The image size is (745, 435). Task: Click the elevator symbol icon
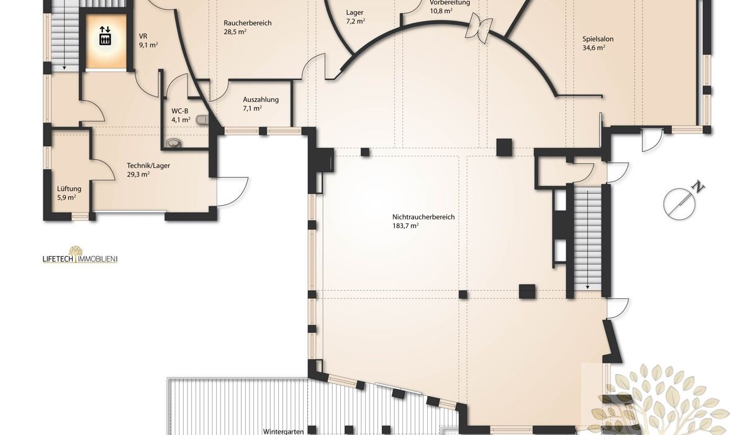pyautogui.click(x=106, y=35)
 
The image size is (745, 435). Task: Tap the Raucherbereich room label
pyautogui.click(x=248, y=23)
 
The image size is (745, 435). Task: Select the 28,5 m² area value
pyautogui.click(x=235, y=32)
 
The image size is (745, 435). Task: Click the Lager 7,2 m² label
pyautogui.click(x=356, y=17)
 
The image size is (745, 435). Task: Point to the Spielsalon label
pyautogui.click(x=598, y=39)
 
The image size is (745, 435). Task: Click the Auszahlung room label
pyautogui.click(x=260, y=99)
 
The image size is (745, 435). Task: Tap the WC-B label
pyautogui.click(x=180, y=111)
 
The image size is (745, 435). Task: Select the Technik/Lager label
pyautogui.click(x=148, y=165)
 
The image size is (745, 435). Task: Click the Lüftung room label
pyautogui.click(x=69, y=189)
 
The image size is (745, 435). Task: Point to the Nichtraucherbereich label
pyautogui.click(x=423, y=217)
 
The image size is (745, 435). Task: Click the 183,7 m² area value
pyautogui.click(x=405, y=226)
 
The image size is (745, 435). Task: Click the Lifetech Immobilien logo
pyautogui.click(x=80, y=255)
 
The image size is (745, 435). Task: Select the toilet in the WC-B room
pyautogui.click(x=202, y=120)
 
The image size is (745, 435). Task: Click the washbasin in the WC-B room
pyautogui.click(x=174, y=143)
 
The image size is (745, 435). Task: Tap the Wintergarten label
pyautogui.click(x=283, y=431)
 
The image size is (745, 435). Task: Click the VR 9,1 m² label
pyautogui.click(x=148, y=40)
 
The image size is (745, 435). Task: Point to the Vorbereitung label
pyautogui.click(x=449, y=2)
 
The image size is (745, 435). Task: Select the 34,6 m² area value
pyautogui.click(x=594, y=48)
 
